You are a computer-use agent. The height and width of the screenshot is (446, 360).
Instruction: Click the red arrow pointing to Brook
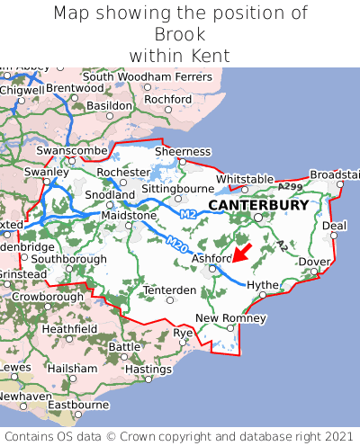click(x=241, y=251)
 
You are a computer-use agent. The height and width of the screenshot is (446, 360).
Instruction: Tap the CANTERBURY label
click(x=258, y=205)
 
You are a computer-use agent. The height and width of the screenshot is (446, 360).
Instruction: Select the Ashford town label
click(x=211, y=259)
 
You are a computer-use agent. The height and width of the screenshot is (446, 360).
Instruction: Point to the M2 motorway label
click(x=187, y=214)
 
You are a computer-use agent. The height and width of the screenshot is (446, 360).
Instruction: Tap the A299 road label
click(x=290, y=186)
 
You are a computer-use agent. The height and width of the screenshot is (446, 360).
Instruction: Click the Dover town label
click(x=314, y=262)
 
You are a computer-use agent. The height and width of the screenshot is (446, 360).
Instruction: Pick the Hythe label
click(x=263, y=284)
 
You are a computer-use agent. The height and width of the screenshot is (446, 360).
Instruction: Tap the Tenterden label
click(x=170, y=290)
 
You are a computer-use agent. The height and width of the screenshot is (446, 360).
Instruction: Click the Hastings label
click(x=148, y=369)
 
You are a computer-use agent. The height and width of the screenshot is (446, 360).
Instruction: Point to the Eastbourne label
click(x=77, y=405)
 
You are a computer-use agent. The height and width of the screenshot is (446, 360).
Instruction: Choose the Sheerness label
click(x=183, y=152)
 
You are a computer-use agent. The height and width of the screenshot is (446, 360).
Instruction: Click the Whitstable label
click(x=244, y=179)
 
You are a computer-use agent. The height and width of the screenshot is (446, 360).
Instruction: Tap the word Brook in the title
click(x=180, y=34)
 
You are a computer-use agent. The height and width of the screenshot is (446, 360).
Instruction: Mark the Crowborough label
click(x=47, y=296)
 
